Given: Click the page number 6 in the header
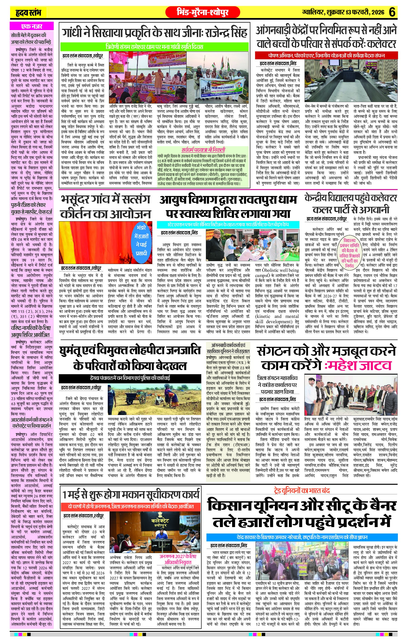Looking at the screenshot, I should (392, 12).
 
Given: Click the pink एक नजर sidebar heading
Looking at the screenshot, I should (32, 26).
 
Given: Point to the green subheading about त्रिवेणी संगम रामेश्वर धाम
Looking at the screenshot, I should (155, 47).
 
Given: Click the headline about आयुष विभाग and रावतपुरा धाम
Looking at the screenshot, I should (228, 207).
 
